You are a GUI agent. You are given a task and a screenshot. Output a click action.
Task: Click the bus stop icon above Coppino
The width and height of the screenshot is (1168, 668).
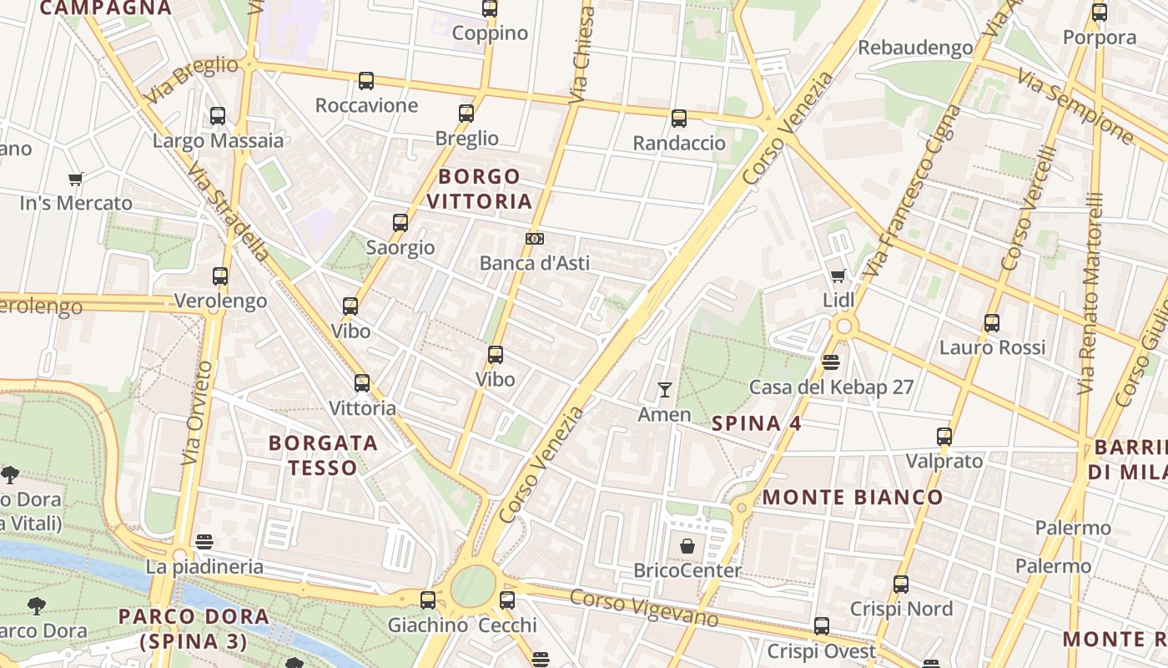coord(490,9)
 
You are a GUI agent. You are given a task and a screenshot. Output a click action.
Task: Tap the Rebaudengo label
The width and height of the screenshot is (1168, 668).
coord(915,48)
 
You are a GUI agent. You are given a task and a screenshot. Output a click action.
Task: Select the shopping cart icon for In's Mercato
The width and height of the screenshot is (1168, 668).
coord(76,179)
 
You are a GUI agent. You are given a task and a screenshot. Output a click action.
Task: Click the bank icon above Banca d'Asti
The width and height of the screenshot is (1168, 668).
coord(535,239)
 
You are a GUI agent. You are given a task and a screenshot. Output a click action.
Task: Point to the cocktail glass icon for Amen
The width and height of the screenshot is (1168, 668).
coord(665,390)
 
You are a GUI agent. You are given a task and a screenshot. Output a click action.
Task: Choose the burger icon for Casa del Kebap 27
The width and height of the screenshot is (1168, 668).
coord(830,362)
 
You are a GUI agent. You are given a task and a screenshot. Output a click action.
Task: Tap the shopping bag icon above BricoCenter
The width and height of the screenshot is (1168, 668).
coord(687,546)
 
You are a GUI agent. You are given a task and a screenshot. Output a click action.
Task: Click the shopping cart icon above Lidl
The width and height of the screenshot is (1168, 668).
coord(838,276)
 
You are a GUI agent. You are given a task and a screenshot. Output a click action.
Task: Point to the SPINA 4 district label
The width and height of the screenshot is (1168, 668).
coord(757,423)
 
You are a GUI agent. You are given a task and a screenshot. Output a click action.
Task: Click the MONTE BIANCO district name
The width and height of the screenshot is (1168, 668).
coord(853,498)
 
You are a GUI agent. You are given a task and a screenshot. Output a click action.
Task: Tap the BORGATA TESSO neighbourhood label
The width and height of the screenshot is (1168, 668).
coord(323,455)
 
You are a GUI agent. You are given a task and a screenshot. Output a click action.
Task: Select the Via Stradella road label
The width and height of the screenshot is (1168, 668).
coord(228,211)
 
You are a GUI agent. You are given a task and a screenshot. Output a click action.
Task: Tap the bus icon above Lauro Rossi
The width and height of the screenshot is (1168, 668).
coord(992,323)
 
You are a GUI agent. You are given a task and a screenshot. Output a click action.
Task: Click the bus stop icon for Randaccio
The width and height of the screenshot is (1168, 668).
coord(679,119)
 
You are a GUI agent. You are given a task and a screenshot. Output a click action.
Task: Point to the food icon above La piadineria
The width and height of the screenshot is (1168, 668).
coord(204,542)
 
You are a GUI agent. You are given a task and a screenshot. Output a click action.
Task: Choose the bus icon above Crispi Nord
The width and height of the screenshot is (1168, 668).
coord(901,584)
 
